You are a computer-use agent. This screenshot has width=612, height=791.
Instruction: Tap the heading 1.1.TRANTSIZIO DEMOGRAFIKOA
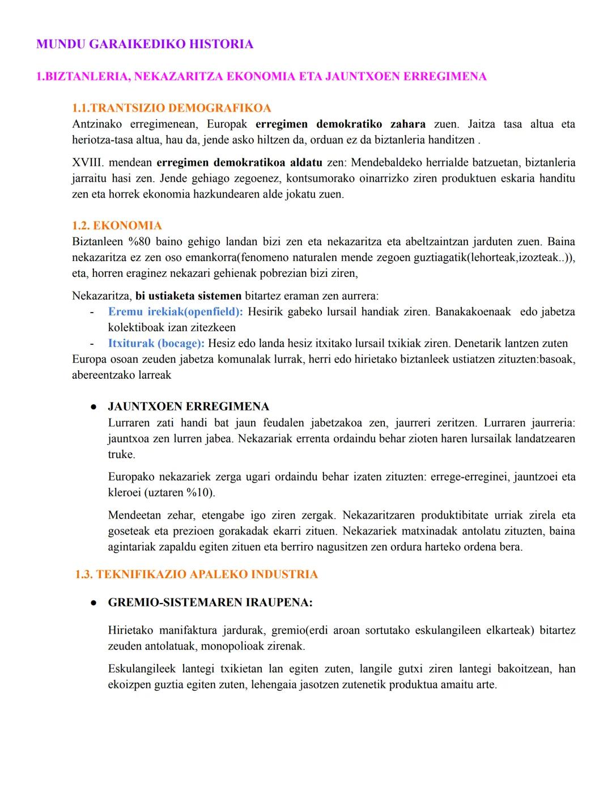[172, 108]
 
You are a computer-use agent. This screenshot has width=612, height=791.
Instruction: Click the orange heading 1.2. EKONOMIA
[117, 226]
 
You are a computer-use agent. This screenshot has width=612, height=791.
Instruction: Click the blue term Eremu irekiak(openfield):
[175, 312]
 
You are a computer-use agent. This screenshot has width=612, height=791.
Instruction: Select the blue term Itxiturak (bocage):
[156, 344]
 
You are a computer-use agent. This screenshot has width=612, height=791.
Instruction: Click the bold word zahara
[408, 125]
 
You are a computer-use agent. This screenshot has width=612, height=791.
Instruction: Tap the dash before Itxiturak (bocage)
[91, 344]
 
